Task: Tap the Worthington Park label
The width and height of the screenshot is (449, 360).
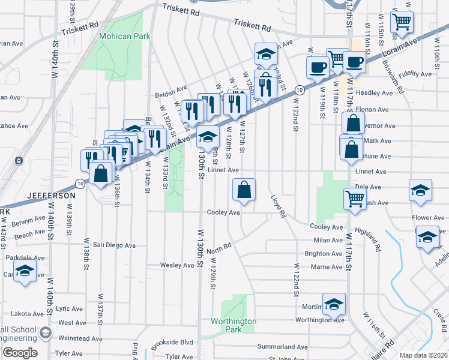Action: point(234,325)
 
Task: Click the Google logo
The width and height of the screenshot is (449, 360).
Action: point(19,353)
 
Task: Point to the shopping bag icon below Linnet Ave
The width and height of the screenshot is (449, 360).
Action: point(244,190)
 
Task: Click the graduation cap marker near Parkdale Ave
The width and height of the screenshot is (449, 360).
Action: point(25,271)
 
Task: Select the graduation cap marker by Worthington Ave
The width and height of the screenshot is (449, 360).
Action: point(334,304)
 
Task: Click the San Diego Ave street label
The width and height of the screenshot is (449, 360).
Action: point(114,245)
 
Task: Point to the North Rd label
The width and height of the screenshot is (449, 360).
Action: point(218,247)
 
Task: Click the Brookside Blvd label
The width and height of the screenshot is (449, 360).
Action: point(173,341)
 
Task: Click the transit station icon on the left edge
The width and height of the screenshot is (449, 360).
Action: point(19,161)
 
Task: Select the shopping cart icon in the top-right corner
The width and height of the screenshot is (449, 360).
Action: point(402,22)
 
